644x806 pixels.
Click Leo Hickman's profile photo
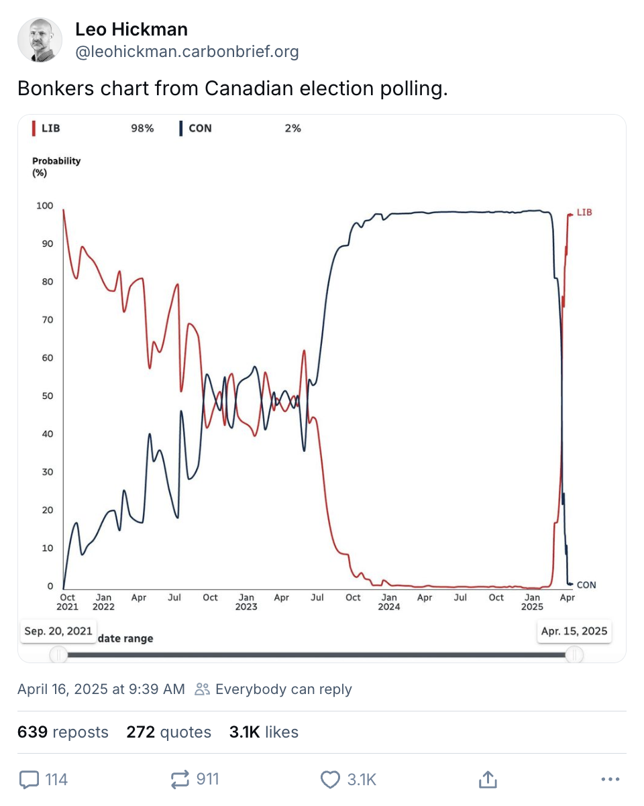[40, 40]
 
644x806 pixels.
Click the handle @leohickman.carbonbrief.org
[186, 52]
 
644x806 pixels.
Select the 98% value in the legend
[142, 128]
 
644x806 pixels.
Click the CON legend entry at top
[197, 128]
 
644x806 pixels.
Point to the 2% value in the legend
[292, 128]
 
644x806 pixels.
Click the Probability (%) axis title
[56, 166]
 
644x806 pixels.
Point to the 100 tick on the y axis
[45, 205]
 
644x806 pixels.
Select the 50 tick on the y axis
[48, 396]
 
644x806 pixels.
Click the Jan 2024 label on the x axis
[388, 601]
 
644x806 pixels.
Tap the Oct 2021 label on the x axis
[68, 601]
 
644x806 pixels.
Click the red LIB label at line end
[584, 213]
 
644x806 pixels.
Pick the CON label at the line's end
[586, 585]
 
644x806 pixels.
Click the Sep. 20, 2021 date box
[58, 631]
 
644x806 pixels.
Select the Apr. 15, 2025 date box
[574, 631]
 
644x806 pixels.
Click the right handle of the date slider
[574, 654]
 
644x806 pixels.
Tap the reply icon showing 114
[29, 779]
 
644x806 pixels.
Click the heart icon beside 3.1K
[330, 779]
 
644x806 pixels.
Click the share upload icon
[487, 779]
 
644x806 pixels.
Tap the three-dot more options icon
[610, 779]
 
